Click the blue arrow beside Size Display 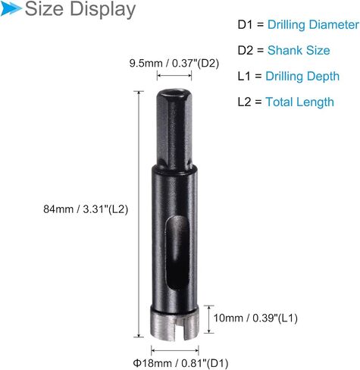tap(11, 8)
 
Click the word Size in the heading tap(44, 8)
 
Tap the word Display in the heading tap(102, 10)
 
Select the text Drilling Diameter tap(313, 25)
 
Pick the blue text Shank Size tap(299, 50)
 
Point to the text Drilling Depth tap(302, 77)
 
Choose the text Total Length tap(299, 102)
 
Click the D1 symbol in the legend tap(245, 25)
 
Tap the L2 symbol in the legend tap(244, 102)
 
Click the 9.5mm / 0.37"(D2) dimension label tap(174, 63)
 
